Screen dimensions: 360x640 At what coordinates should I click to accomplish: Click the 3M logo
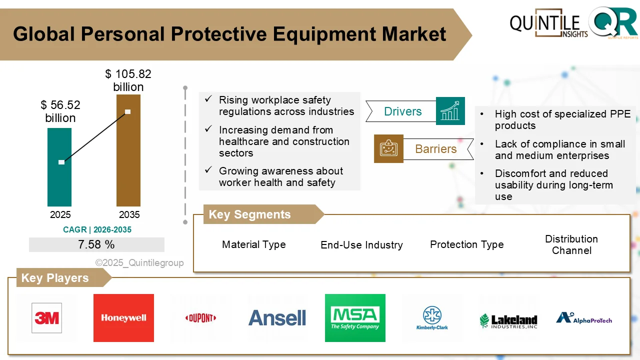pyautogui.click(x=46, y=318)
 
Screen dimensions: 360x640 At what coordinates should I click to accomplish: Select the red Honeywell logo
pyautogui.click(x=123, y=318)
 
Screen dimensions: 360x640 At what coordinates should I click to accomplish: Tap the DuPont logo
pyautogui.click(x=200, y=318)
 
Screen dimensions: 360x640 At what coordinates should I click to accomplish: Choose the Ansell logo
pyautogui.click(x=277, y=318)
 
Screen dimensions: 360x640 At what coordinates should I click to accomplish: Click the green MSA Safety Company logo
pyautogui.click(x=355, y=318)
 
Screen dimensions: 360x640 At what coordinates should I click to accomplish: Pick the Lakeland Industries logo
pyautogui.click(x=508, y=320)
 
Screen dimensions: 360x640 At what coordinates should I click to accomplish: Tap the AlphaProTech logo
pyautogui.click(x=584, y=318)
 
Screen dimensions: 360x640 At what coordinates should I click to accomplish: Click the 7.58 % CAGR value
pyautogui.click(x=96, y=244)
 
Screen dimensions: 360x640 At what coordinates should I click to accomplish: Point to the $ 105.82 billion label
pyautogui.click(x=128, y=80)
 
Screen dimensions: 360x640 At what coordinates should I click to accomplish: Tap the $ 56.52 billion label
pyautogui.click(x=60, y=111)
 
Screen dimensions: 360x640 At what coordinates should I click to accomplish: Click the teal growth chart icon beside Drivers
pyautogui.click(x=450, y=111)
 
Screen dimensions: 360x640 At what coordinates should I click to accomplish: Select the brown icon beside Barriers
pyautogui.click(x=388, y=148)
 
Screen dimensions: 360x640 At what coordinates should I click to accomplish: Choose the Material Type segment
pyautogui.click(x=254, y=244)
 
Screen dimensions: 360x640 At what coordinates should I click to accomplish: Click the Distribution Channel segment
pyautogui.click(x=571, y=244)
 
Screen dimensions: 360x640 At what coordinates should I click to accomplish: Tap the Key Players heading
pyautogui.click(x=55, y=278)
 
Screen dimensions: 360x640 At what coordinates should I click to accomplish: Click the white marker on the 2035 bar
pyautogui.click(x=128, y=111)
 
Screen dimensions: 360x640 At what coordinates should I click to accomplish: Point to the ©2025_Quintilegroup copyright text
pyautogui.click(x=139, y=262)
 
